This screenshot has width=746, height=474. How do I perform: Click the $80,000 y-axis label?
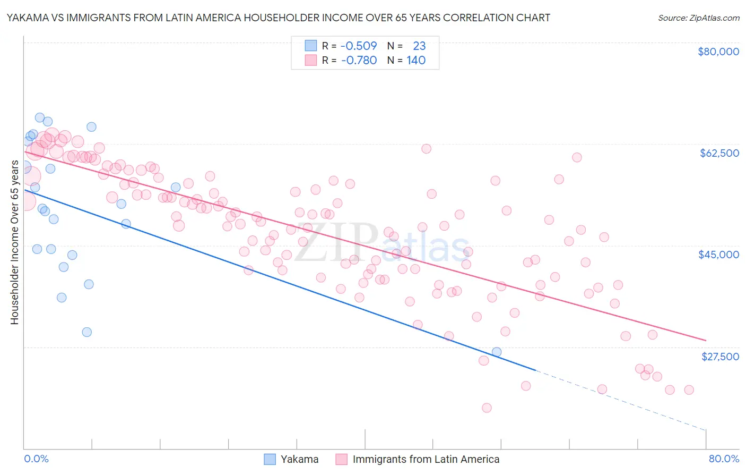[x=718, y=52]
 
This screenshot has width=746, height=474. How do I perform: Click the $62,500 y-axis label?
[x=719, y=153]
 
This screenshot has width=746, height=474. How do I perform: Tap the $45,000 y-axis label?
[x=718, y=255]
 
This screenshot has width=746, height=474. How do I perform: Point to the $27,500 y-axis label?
[x=720, y=357]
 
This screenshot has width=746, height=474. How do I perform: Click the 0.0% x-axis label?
[x=36, y=459]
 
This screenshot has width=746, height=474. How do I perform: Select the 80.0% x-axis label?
[x=724, y=459]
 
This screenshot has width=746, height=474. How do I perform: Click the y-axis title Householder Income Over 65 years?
[x=15, y=242]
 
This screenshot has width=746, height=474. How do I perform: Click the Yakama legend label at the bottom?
[x=300, y=459]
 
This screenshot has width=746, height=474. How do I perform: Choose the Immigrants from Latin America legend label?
[x=426, y=459]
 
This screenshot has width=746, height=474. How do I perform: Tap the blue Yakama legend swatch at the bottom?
[x=270, y=459]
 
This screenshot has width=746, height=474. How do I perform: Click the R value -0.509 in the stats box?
[x=359, y=46]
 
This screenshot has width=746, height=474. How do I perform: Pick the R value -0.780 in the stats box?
[x=359, y=60]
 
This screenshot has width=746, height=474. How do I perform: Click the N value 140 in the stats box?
[x=416, y=60]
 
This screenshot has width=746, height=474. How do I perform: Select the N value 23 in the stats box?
[x=419, y=46]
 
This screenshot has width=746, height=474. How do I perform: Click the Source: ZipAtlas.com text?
[x=698, y=18]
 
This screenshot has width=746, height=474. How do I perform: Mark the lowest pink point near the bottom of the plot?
[x=487, y=408]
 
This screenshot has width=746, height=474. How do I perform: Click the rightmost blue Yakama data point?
[x=497, y=352]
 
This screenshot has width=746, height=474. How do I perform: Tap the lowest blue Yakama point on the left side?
[x=87, y=332]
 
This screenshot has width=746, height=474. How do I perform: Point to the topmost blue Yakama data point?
[x=40, y=117]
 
